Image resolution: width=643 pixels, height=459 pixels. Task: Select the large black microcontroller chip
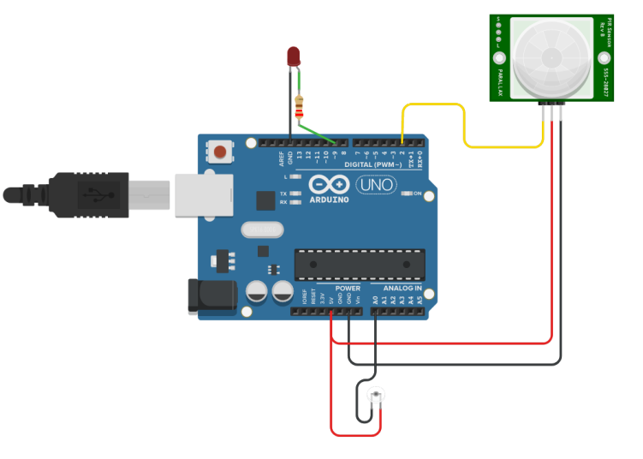coord(359,265)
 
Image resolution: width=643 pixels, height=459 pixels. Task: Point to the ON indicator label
coord(417,194)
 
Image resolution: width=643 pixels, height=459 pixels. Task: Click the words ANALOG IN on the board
coord(402,289)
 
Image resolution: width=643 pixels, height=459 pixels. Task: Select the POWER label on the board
coord(348,289)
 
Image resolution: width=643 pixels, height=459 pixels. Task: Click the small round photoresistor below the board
coord(375,396)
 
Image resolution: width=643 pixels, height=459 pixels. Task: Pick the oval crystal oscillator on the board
coord(261,229)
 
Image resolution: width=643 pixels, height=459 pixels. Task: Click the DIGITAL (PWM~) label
coord(373,164)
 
